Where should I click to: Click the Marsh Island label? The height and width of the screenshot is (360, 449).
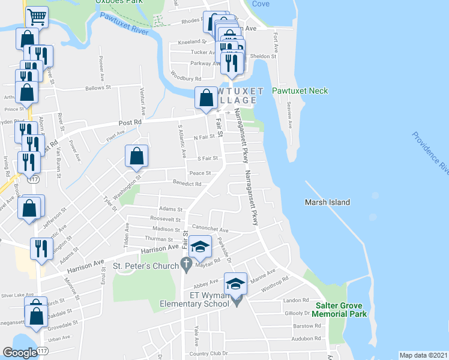(327, 202)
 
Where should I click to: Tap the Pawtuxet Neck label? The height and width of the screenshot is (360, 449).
(300, 91)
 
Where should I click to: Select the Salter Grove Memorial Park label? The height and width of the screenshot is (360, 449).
(339, 310)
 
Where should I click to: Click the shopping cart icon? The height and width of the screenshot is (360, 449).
(37, 17)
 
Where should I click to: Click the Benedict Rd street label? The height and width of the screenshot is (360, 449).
(187, 184)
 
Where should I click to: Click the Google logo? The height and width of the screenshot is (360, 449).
(20, 353)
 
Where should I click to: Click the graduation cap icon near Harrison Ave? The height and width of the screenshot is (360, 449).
(200, 247)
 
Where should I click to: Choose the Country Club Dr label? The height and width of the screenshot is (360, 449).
(207, 353)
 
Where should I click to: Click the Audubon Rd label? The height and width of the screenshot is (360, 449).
(303, 338)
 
